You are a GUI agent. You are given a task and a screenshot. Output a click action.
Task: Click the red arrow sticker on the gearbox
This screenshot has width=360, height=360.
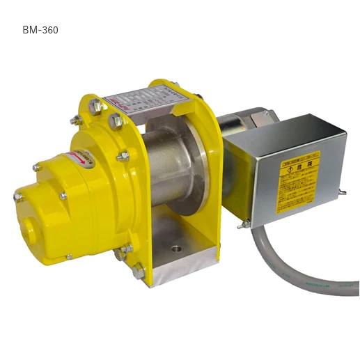point(77,157)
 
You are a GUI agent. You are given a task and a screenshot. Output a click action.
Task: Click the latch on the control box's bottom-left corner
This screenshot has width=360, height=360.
point(244,224)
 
